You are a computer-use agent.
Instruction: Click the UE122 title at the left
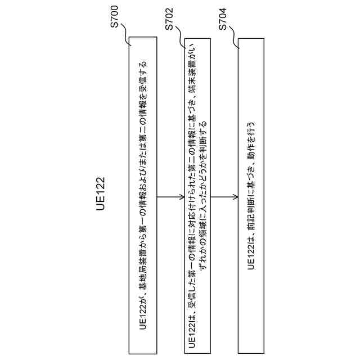[x=101, y=194]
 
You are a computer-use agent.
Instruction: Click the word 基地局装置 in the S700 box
[x=143, y=272]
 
